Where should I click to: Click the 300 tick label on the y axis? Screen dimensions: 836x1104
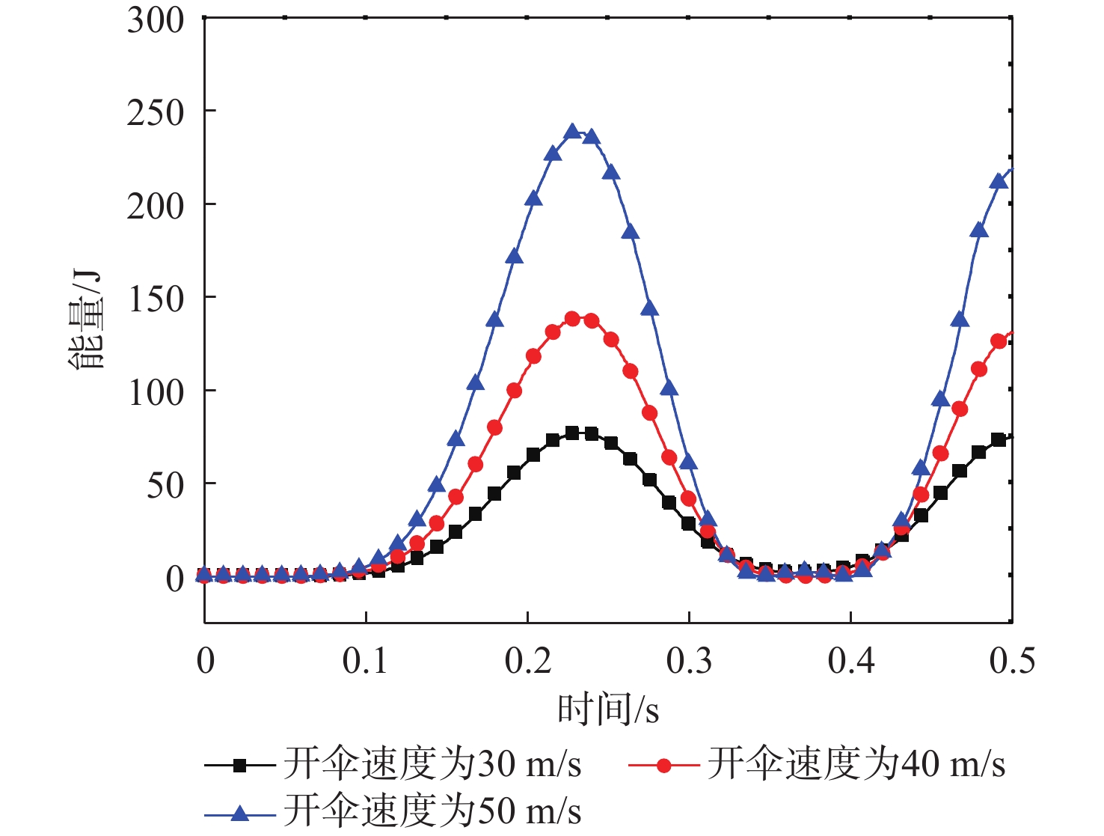click(x=155, y=20)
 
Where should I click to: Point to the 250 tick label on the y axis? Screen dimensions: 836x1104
click(x=155, y=113)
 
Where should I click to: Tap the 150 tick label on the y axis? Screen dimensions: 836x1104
click(x=155, y=299)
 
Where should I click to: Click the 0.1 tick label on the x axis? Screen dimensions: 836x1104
click(x=365, y=661)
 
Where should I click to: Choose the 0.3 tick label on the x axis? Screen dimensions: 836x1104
click(x=689, y=661)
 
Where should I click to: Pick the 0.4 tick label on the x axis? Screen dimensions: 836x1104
click(x=850, y=661)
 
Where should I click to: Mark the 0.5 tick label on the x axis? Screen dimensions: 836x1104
click(x=1012, y=661)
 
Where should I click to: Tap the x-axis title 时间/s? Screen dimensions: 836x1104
click(x=608, y=709)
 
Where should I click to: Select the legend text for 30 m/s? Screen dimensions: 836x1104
click(x=432, y=764)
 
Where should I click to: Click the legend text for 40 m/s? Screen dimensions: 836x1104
click(x=856, y=764)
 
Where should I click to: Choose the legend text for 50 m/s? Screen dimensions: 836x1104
click(x=432, y=811)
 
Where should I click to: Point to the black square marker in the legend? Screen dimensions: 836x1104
click(x=239, y=765)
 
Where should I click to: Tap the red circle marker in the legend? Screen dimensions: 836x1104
click(x=663, y=765)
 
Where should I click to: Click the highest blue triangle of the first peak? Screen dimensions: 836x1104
click(x=572, y=132)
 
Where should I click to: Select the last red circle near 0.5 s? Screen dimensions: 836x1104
click(x=999, y=341)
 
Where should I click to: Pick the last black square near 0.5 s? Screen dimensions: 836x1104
click(x=999, y=440)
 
